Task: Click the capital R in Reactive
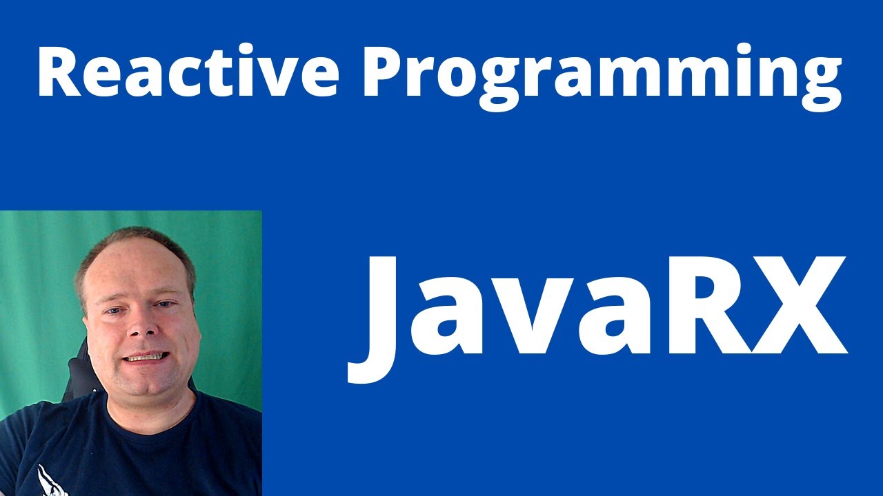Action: [x=58, y=73]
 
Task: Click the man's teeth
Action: [x=146, y=357]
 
